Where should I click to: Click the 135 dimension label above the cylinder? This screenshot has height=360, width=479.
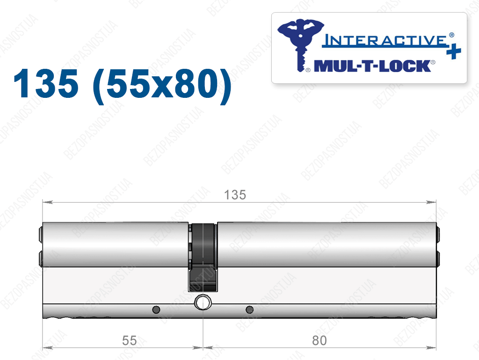[x=235, y=195]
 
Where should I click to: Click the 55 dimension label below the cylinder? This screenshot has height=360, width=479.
[x=129, y=340]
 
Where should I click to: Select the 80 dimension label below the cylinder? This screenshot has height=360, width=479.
[x=319, y=340]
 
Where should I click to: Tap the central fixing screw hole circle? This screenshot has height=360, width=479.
[x=203, y=302]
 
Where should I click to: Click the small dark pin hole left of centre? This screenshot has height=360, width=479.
[x=156, y=309]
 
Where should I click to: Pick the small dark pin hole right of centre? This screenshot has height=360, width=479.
[x=250, y=309]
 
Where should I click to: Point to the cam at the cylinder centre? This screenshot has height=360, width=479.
[x=203, y=257]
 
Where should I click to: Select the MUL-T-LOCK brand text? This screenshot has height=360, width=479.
[x=372, y=66]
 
